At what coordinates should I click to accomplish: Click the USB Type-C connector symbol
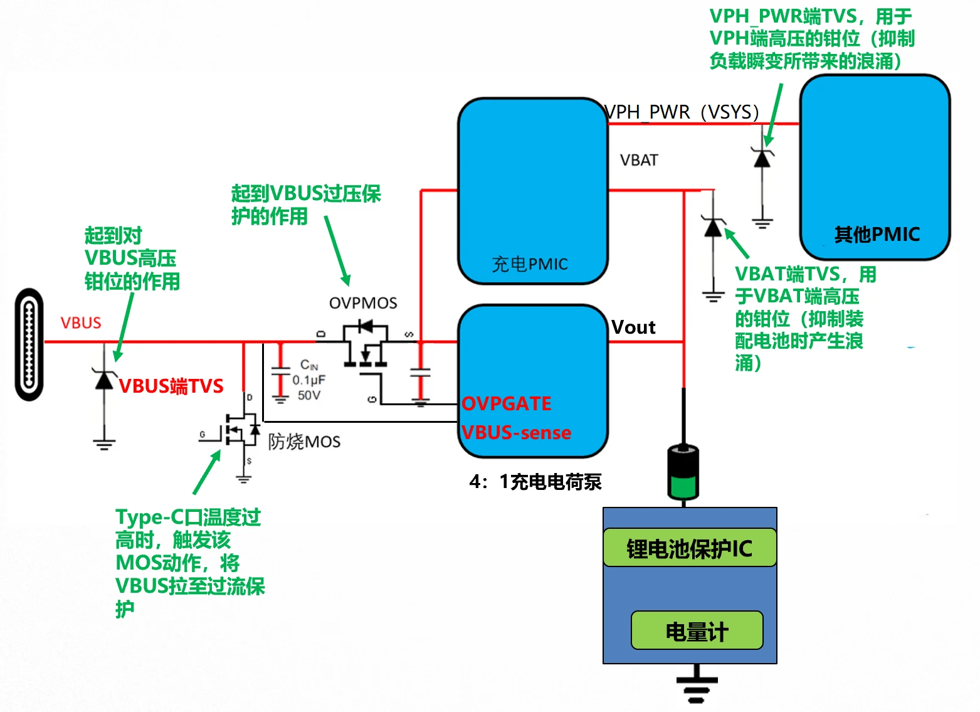click(x=29, y=344)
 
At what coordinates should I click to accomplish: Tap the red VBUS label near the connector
click(x=81, y=322)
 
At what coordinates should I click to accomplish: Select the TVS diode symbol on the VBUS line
click(x=103, y=380)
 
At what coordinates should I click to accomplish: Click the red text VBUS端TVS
click(x=171, y=386)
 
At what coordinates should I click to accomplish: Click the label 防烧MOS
click(x=304, y=442)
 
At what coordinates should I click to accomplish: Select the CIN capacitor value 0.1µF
click(x=308, y=380)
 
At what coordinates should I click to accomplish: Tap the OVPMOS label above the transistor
click(x=363, y=303)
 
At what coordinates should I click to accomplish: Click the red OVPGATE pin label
click(x=507, y=403)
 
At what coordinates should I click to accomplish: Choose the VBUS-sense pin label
click(x=517, y=432)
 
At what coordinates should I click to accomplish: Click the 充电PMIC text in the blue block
click(x=530, y=264)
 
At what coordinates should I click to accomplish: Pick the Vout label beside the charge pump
click(x=633, y=327)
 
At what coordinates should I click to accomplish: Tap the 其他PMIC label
click(x=877, y=235)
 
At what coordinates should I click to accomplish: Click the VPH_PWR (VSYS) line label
click(x=682, y=112)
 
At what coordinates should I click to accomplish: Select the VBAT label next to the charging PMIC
click(x=639, y=161)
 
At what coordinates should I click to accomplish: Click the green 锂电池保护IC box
click(x=690, y=548)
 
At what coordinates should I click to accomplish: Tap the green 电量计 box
click(x=697, y=630)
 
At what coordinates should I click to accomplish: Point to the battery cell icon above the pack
click(x=683, y=472)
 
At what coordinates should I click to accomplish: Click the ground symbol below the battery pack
click(x=697, y=689)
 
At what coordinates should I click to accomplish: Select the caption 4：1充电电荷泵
click(x=535, y=482)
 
